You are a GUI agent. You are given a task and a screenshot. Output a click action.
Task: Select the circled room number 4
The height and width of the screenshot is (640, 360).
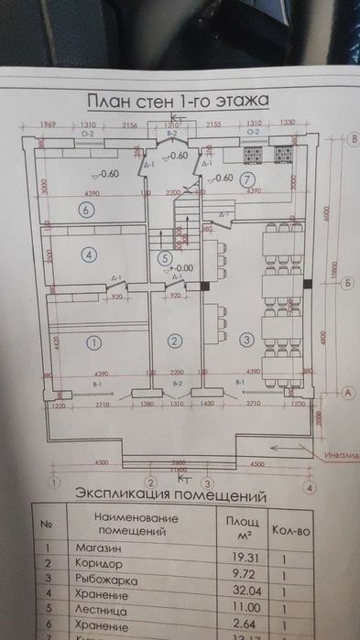tap(89, 255)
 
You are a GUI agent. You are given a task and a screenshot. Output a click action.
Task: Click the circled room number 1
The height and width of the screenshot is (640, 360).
tap(92, 342)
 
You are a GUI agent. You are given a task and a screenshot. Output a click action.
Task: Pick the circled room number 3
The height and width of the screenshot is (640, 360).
tap(245, 341)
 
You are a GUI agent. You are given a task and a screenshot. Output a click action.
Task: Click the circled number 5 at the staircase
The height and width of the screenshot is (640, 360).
tap(164, 259)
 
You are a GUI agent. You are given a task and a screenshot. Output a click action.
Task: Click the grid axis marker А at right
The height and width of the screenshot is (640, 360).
tap(348, 392)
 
